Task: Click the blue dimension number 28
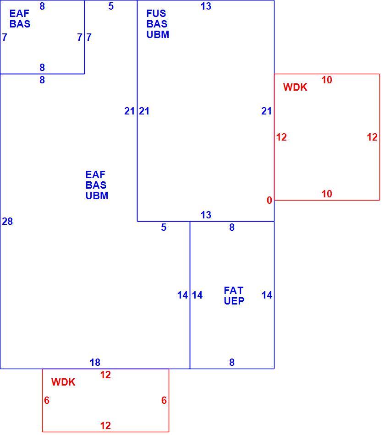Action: pyautogui.click(x=7, y=221)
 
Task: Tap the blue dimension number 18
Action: pyautogui.click(x=95, y=362)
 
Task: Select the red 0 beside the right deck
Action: pyautogui.click(x=269, y=200)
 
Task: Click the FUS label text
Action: pyautogui.click(x=156, y=13)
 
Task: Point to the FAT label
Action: pyautogui.click(x=233, y=290)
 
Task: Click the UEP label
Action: pyautogui.click(x=234, y=301)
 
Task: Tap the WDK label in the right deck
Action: pyautogui.click(x=295, y=87)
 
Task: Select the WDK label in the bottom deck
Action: pyautogui.click(x=63, y=382)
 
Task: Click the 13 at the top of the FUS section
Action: pyautogui.click(x=206, y=6)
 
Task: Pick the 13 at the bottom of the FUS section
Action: pyautogui.click(x=206, y=215)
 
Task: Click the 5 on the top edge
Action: pyautogui.click(x=111, y=6)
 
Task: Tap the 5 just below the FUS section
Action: pyautogui.click(x=164, y=228)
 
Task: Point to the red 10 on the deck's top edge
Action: pyautogui.click(x=327, y=80)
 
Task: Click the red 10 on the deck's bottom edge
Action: pyautogui.click(x=327, y=194)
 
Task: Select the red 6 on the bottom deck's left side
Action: pyautogui.click(x=47, y=400)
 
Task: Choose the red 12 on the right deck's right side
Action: pyautogui.click(x=372, y=137)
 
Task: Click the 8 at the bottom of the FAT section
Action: pyautogui.click(x=232, y=362)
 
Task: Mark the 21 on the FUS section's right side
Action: pyautogui.click(x=266, y=111)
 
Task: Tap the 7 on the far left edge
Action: pyautogui.click(x=5, y=37)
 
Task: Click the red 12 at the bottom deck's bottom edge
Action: pyautogui.click(x=105, y=425)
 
